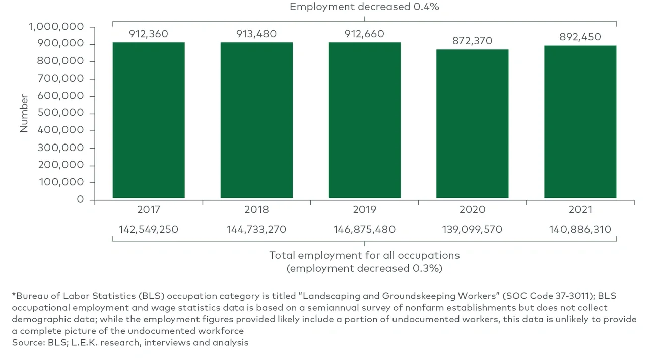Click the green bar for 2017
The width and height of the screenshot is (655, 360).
click(x=149, y=120)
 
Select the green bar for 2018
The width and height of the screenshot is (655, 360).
click(x=256, y=120)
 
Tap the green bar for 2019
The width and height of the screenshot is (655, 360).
click(x=364, y=120)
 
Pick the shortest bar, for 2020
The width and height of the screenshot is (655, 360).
click(x=472, y=124)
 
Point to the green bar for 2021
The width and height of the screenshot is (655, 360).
click(x=580, y=122)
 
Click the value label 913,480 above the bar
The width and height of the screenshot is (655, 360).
click(x=256, y=34)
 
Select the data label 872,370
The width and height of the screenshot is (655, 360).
click(x=472, y=41)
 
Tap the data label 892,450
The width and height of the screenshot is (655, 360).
click(x=580, y=37)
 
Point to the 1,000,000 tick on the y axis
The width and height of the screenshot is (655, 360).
click(x=56, y=27)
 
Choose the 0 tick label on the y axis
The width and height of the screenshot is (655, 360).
click(x=80, y=200)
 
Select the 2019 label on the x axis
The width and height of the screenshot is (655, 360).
click(x=364, y=210)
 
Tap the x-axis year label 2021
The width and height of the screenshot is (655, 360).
click(x=580, y=210)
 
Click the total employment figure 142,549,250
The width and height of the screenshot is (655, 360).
click(x=149, y=230)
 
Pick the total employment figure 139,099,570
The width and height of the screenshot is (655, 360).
click(x=472, y=230)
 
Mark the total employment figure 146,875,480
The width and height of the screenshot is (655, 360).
click(x=364, y=230)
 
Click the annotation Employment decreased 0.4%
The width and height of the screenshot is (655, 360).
click(x=365, y=7)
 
